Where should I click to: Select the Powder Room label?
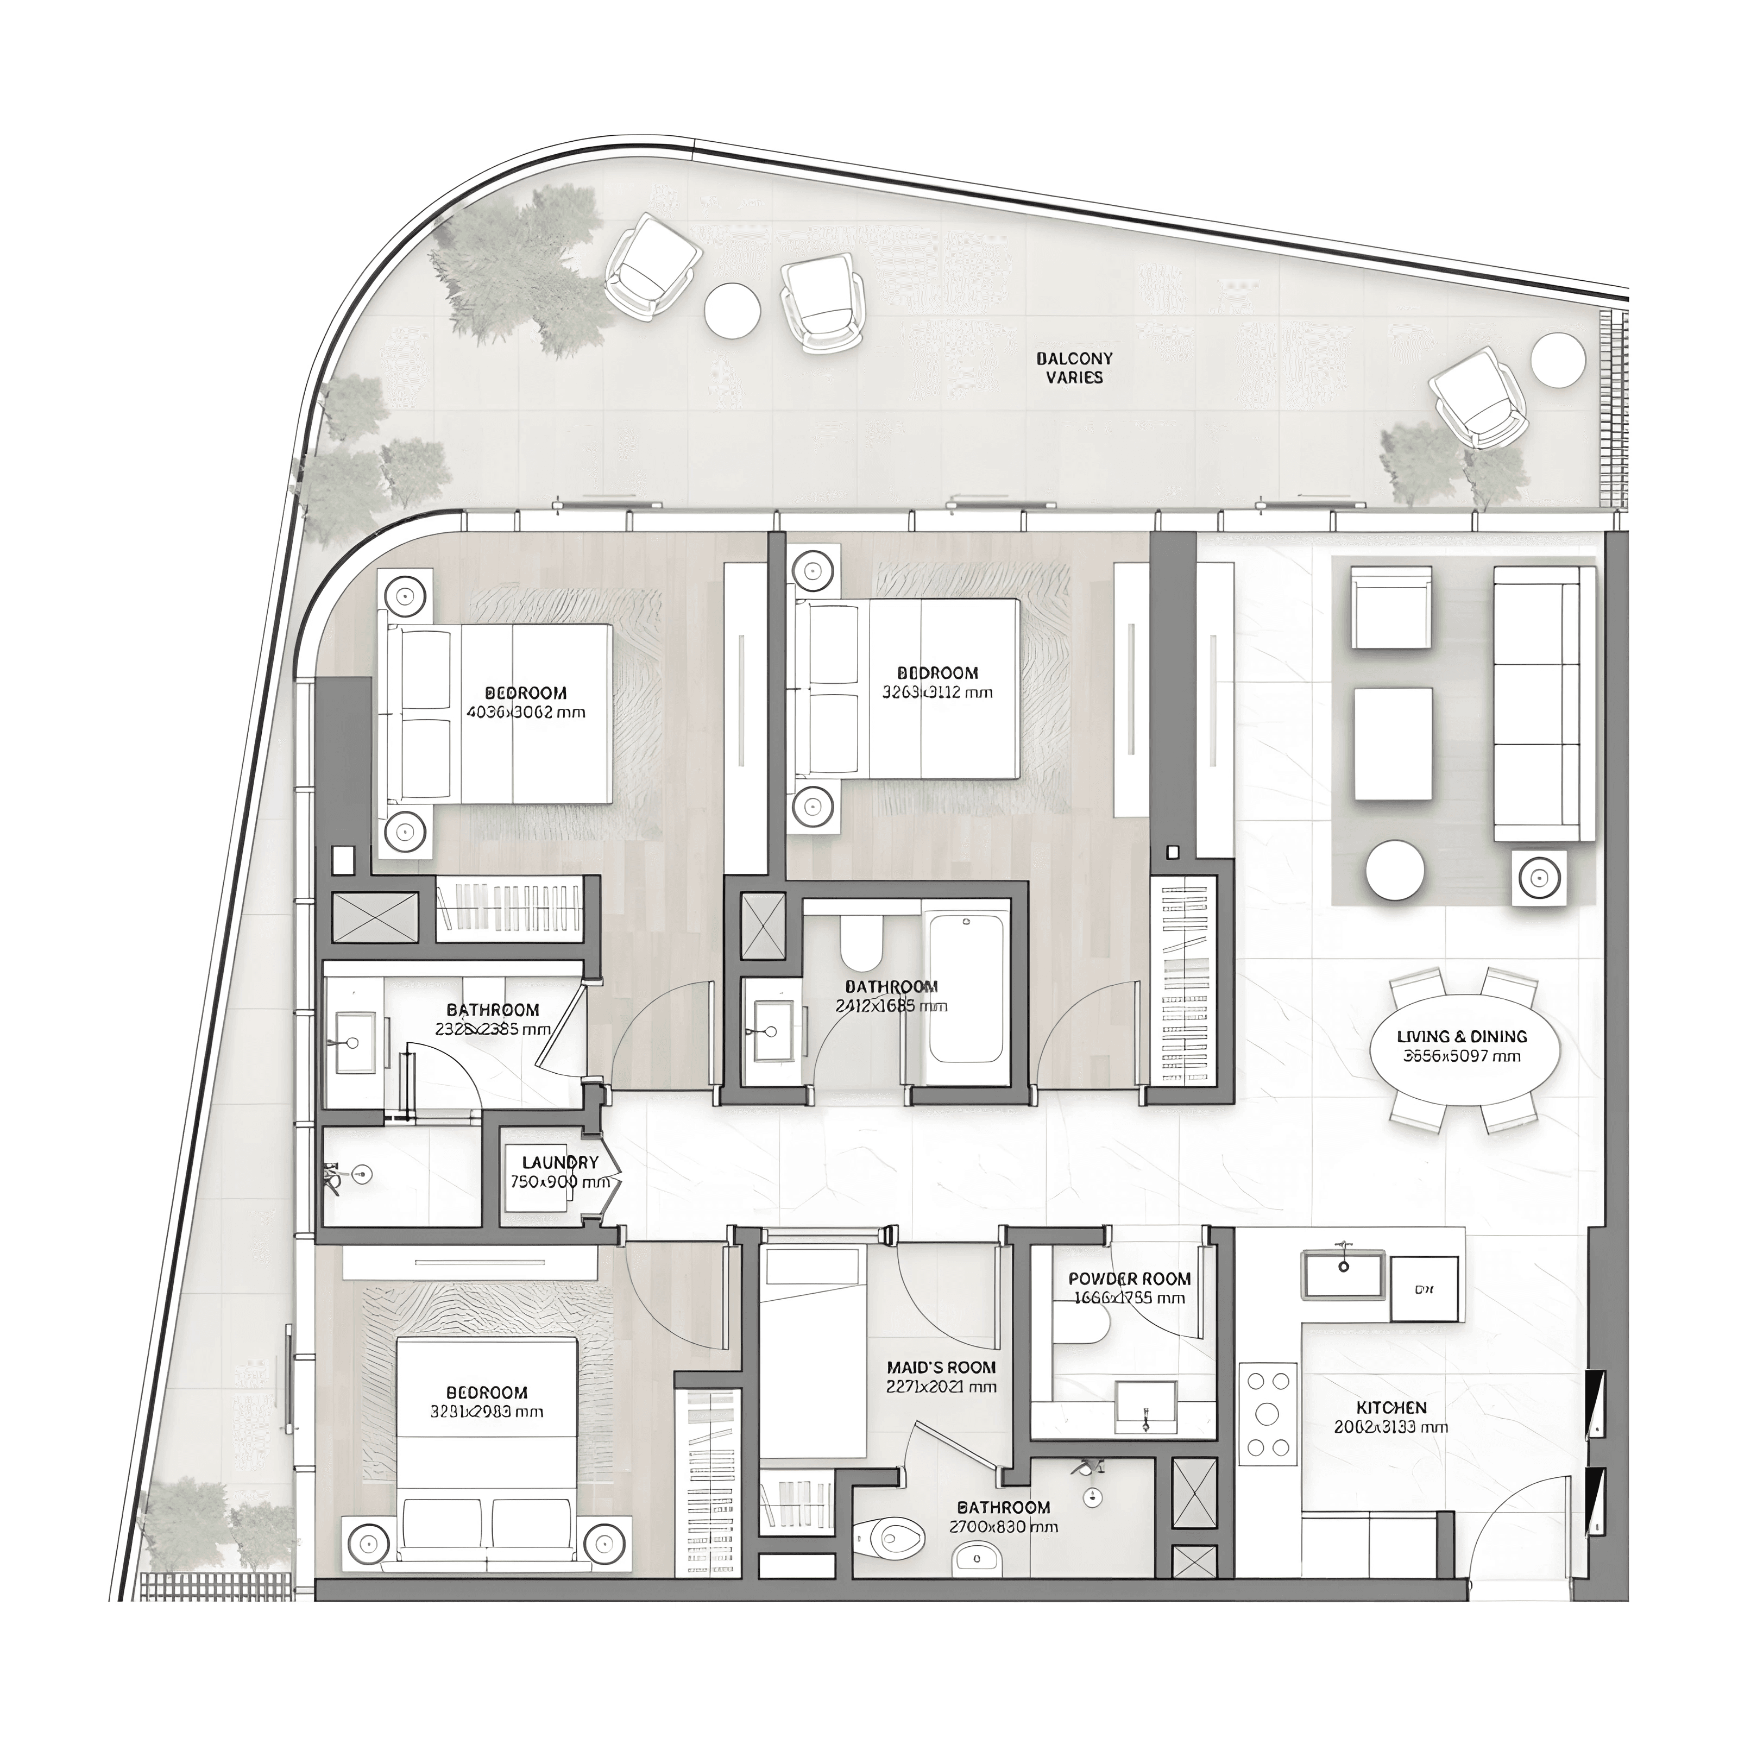pyautogui.click(x=1129, y=1279)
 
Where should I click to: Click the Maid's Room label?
pyautogui.click(x=941, y=1368)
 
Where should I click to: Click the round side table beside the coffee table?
pyautogui.click(x=1394, y=870)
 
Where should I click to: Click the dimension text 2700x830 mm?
pyautogui.click(x=1003, y=1527)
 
